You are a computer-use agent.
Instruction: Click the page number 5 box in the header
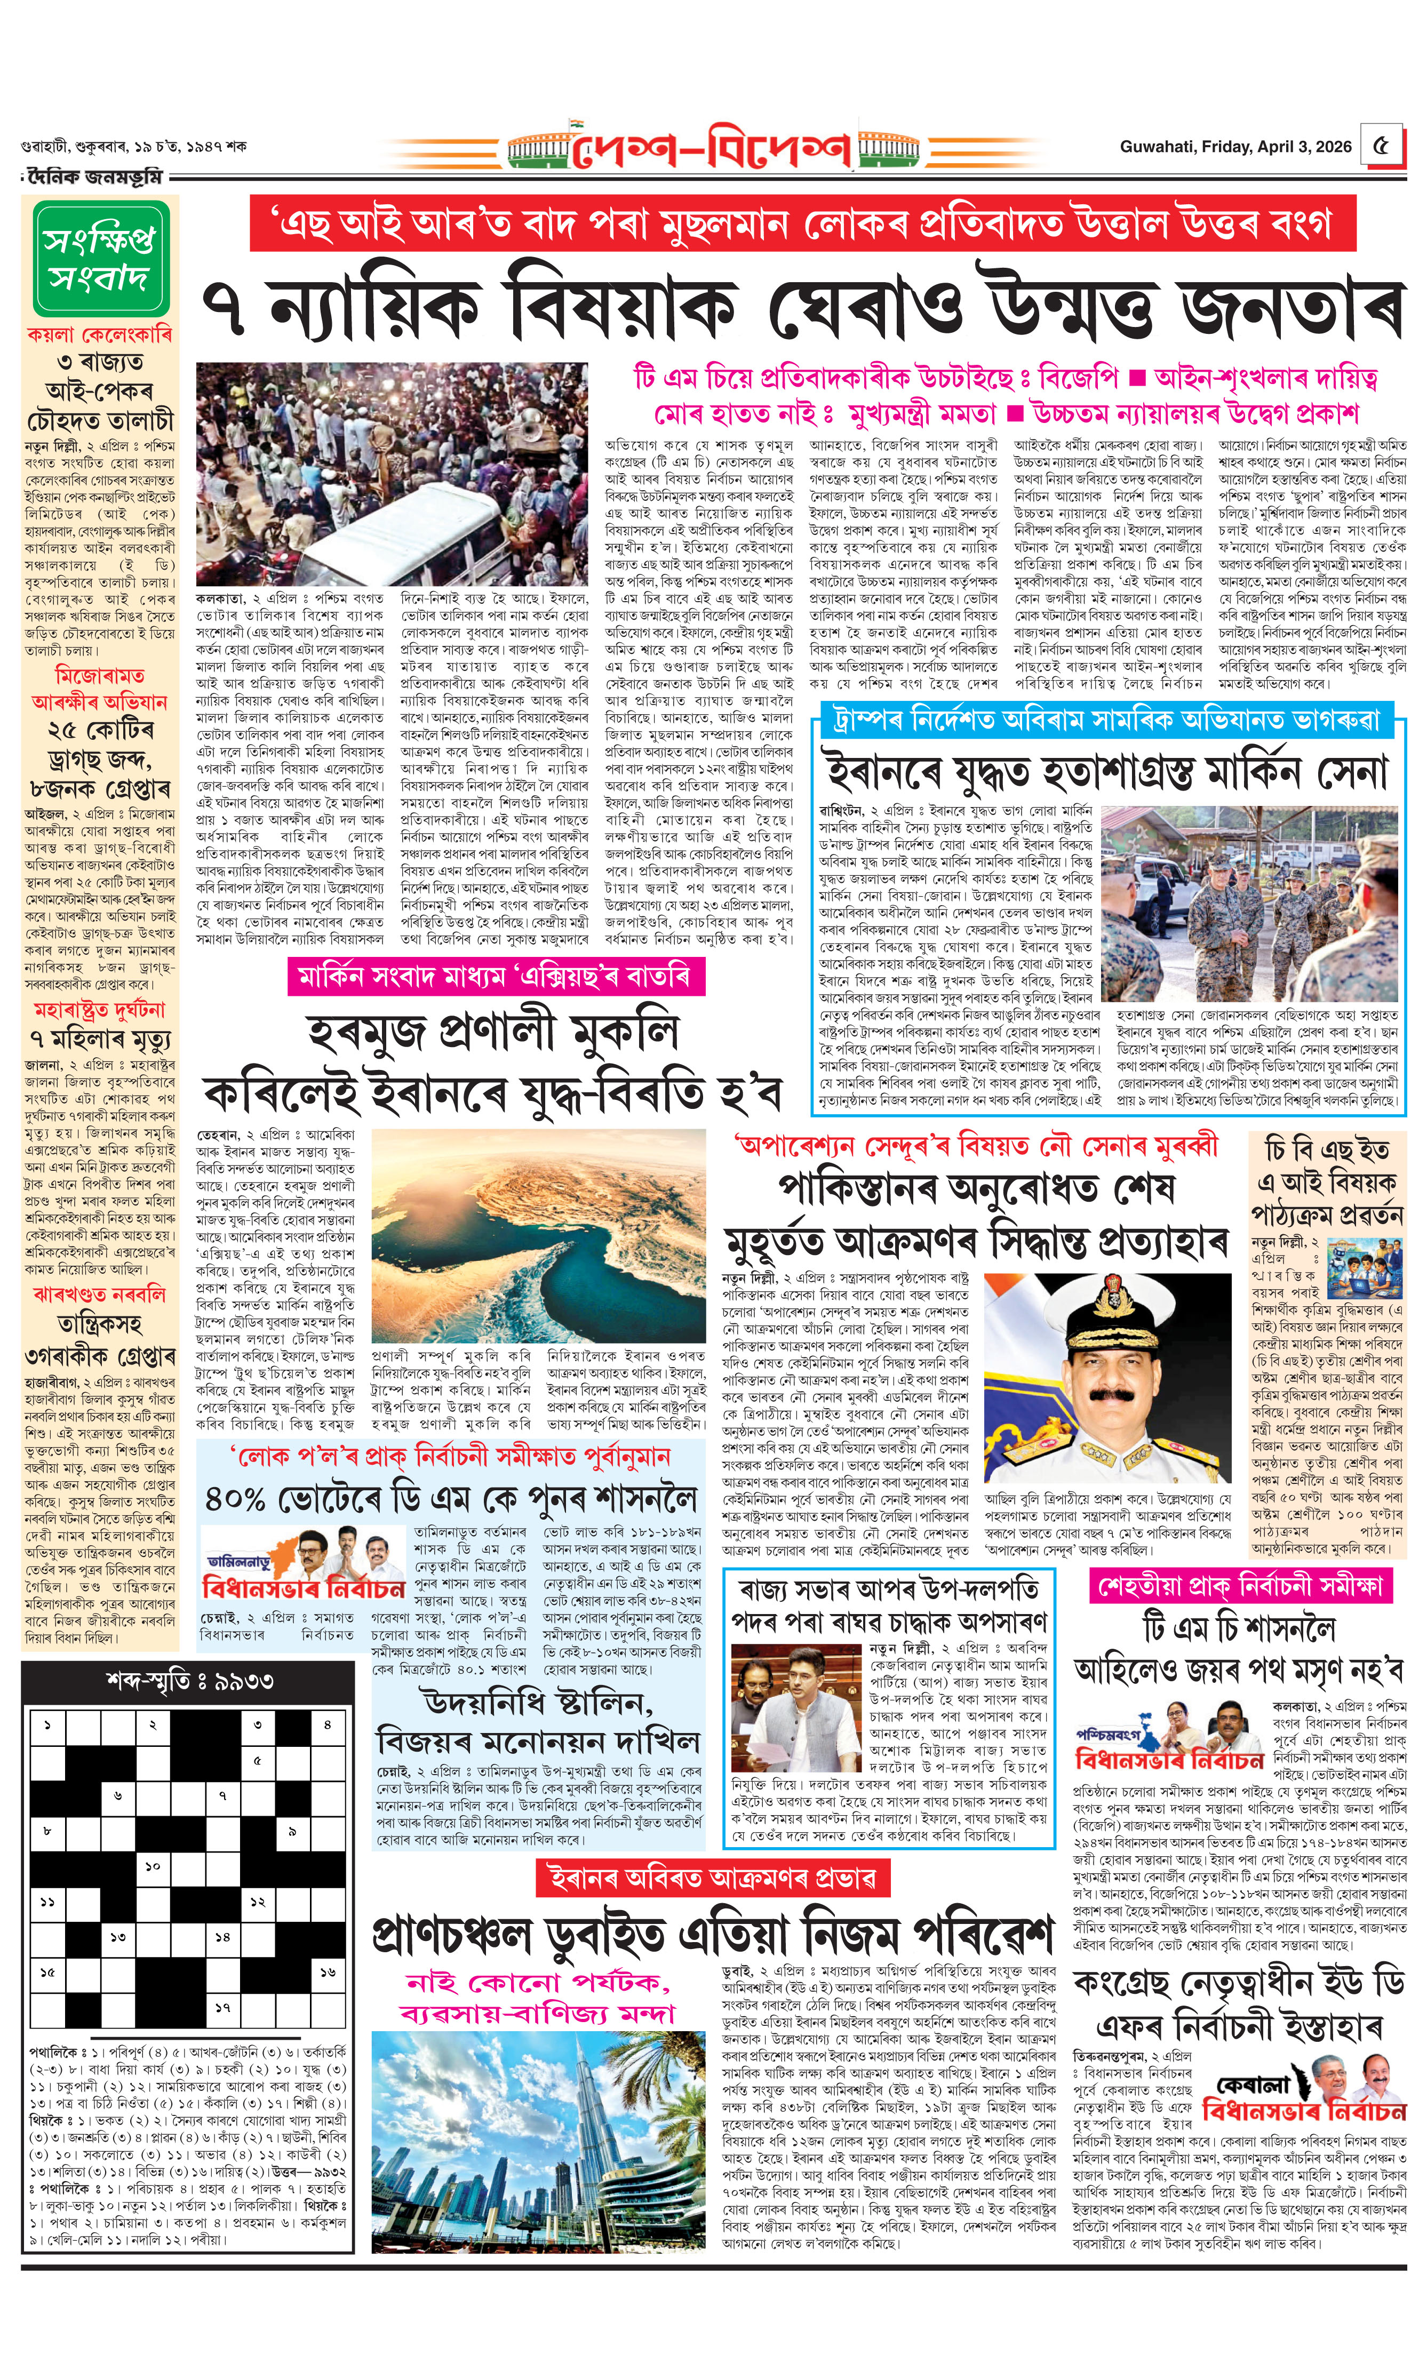point(1381,147)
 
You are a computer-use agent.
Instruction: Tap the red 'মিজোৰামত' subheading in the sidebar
point(100,675)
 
